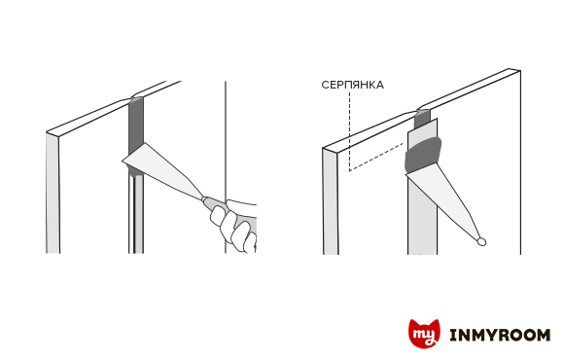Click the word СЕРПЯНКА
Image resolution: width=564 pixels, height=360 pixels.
(x=352, y=85)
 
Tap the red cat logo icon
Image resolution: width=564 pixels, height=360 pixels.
(x=424, y=334)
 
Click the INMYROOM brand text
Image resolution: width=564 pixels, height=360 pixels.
(x=500, y=335)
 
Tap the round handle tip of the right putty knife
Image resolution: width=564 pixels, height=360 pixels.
(x=481, y=242)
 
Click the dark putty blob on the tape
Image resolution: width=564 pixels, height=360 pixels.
(x=423, y=154)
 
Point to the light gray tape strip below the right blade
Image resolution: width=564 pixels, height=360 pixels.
(x=422, y=223)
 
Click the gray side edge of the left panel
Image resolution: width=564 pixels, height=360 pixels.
(x=53, y=194)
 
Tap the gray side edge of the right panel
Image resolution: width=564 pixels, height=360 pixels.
(x=331, y=201)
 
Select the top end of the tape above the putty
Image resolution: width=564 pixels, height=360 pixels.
(x=423, y=126)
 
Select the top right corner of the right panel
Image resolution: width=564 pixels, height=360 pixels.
(x=520, y=71)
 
